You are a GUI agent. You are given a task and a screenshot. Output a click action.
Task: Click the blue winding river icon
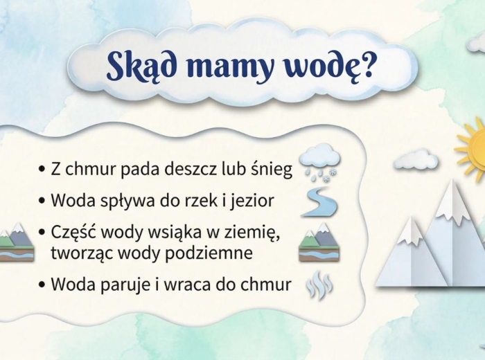pos(319,201)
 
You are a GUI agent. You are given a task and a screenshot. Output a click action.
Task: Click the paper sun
pos(475,147)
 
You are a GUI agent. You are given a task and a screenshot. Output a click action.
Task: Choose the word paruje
pos(128,285)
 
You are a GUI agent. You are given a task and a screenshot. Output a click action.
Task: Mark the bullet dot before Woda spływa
pos(42,201)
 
